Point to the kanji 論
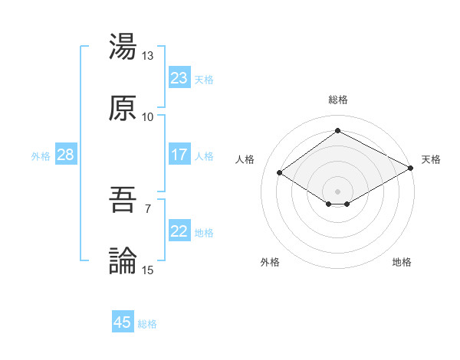click(123, 261)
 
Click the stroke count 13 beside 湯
click(148, 56)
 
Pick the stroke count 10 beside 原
click(148, 117)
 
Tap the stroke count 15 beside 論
click(148, 270)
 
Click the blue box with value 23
click(179, 77)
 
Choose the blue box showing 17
click(179, 154)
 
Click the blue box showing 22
click(179, 231)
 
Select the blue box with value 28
click(66, 154)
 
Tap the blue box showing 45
click(123, 322)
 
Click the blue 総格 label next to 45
click(147, 324)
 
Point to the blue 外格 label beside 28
click(41, 155)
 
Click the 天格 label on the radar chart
click(431, 159)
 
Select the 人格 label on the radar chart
click(245, 159)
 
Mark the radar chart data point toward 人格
click(280, 173)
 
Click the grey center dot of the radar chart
click(338, 191)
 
